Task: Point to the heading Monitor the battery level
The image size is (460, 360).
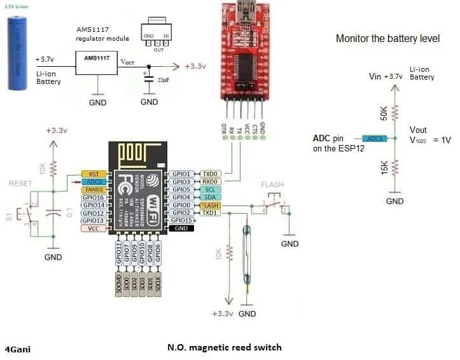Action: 387,39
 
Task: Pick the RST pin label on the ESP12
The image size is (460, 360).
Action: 93,173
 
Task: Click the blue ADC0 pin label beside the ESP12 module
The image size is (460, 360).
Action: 93,181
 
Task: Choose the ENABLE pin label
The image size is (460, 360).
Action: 93,190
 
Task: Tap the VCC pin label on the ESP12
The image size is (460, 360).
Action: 93,228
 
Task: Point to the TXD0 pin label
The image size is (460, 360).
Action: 210,173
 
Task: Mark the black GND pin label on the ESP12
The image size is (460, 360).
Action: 180,228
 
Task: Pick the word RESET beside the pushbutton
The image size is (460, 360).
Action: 20,183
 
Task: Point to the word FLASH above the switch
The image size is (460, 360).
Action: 272,184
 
